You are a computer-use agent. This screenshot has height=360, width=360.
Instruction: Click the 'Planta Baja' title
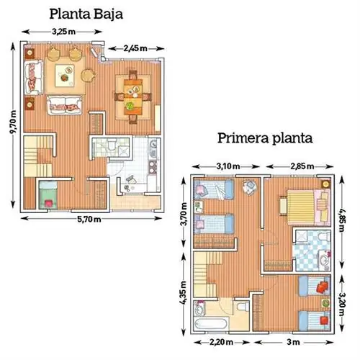pos(86,14)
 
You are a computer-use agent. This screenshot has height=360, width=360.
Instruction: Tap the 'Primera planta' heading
pos(265,138)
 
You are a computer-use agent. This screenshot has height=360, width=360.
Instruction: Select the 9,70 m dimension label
pos(13,122)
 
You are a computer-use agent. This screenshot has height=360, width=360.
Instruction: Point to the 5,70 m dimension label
pos(89,220)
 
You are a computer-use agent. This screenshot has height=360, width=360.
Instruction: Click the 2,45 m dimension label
pos(135,48)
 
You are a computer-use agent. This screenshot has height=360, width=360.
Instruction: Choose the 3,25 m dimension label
pos(63,32)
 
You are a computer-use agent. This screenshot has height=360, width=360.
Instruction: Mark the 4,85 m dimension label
pos(342,220)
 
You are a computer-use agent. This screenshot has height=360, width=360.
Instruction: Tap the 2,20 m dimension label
pos(221,342)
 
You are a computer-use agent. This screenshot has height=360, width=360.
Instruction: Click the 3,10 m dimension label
pos(228,166)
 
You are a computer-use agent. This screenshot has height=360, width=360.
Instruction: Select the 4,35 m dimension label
pos(183,293)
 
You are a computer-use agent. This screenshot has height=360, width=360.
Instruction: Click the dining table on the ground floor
pos(133,96)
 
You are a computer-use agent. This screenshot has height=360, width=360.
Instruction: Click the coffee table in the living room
pos(65,76)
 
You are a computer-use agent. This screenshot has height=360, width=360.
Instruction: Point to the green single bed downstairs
pos(48,194)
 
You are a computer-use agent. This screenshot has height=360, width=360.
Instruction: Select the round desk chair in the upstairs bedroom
pos(250,187)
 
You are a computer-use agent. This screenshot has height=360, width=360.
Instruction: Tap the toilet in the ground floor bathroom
pos(112,145)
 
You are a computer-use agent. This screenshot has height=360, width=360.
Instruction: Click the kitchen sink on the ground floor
pos(153,149)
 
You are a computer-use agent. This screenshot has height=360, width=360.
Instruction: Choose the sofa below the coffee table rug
pos(64,105)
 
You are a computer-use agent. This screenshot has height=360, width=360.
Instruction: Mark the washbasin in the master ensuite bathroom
pos(325,260)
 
